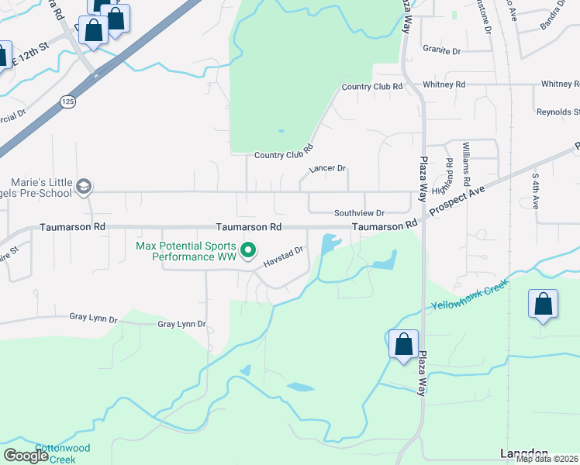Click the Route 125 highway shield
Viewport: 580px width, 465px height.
tap(68, 102)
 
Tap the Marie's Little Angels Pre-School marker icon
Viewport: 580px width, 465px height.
tap(83, 187)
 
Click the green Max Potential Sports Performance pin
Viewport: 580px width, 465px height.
tap(248, 250)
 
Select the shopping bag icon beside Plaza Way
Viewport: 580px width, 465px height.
tap(403, 344)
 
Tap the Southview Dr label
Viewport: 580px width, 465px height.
tap(359, 212)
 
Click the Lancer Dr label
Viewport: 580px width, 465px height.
tap(326, 168)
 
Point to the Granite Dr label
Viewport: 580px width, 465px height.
tap(441, 50)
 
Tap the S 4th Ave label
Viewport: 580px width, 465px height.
tap(535, 191)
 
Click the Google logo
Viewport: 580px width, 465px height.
tap(26, 456)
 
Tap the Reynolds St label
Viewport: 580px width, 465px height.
tap(558, 112)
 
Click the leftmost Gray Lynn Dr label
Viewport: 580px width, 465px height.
tap(93, 318)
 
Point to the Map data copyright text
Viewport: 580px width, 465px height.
tap(547, 459)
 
